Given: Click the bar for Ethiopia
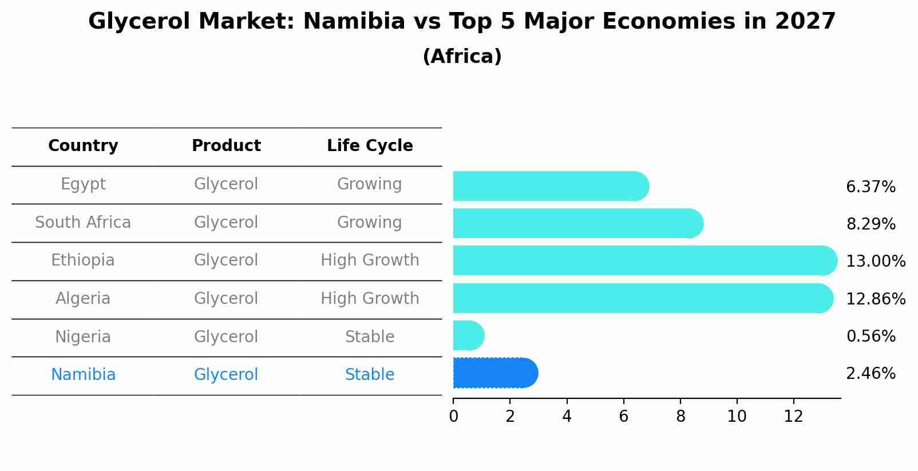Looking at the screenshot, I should (x=641, y=261).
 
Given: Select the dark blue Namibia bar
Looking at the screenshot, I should (x=492, y=373).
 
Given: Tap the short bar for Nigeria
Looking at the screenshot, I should (x=467, y=335).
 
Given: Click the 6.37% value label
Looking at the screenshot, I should (x=870, y=187).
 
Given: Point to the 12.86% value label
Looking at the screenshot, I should (x=876, y=299).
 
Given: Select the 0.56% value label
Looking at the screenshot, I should (x=870, y=337).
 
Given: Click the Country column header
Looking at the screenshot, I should (x=83, y=146).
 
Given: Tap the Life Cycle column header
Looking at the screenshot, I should (x=370, y=146).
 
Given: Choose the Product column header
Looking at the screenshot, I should (x=226, y=146).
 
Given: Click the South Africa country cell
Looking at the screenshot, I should (x=83, y=223).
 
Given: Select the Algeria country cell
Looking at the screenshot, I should (x=83, y=299).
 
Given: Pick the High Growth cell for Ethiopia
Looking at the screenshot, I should (x=370, y=260).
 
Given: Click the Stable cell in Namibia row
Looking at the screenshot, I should (x=370, y=375).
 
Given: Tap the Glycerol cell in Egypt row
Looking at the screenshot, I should (x=226, y=184).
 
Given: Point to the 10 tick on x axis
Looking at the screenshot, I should (x=737, y=417).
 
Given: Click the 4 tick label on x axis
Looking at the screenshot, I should (x=567, y=417).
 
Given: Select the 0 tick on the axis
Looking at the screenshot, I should (x=453, y=417).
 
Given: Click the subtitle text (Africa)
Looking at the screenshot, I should (x=462, y=57).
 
